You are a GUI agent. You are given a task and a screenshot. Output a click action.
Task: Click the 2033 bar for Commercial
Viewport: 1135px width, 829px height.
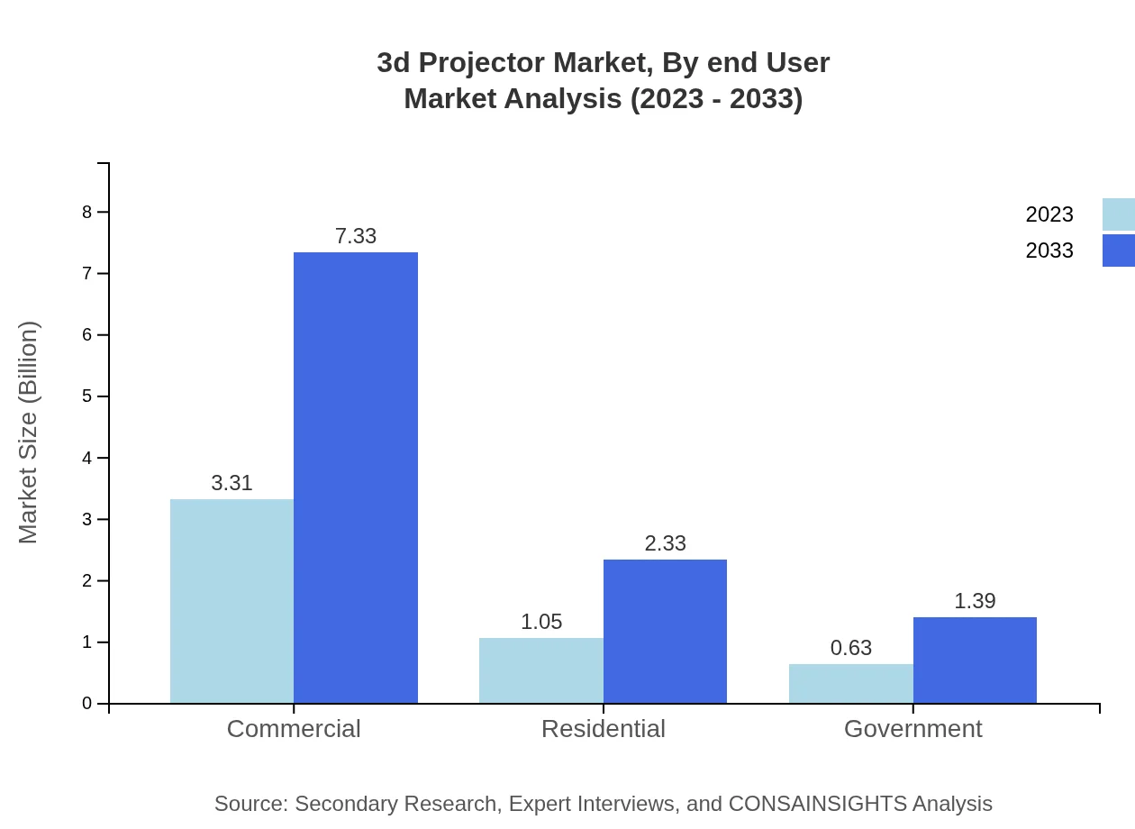(x=356, y=478)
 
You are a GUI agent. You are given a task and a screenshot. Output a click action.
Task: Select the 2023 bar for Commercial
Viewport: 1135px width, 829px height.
(x=232, y=601)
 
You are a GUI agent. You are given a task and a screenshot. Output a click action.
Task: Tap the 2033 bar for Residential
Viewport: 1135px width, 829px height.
(x=665, y=631)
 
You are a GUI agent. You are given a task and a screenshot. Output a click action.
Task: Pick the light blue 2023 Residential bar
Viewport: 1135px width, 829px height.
(x=541, y=670)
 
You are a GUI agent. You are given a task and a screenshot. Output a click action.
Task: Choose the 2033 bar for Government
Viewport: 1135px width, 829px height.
(x=975, y=660)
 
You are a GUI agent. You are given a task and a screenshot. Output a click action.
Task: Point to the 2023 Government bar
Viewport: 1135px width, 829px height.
(x=851, y=684)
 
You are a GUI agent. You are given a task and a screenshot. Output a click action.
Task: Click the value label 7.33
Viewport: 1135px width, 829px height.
(x=356, y=236)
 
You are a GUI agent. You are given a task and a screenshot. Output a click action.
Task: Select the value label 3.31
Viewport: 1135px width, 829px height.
(x=232, y=483)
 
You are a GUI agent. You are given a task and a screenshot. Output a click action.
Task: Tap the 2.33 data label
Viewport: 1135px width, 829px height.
(x=665, y=543)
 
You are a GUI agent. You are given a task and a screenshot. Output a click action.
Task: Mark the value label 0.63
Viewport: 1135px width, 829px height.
(x=851, y=648)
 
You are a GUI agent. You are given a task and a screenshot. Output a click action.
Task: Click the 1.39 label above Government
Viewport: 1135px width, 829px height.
(x=975, y=601)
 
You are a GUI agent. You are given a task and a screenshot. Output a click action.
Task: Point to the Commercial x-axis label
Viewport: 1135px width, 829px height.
(x=294, y=729)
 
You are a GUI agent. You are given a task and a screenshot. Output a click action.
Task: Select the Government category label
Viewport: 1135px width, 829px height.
(x=913, y=729)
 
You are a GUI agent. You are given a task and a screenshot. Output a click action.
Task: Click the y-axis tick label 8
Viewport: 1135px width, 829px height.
(x=87, y=212)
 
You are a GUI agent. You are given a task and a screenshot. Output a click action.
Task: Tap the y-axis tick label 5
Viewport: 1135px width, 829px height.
(x=87, y=396)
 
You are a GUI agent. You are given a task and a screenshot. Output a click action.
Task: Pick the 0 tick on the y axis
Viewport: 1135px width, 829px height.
(x=87, y=704)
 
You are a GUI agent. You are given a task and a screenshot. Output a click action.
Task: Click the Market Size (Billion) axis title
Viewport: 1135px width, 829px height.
(x=29, y=433)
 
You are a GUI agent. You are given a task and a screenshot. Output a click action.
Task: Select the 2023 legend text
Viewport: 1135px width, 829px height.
(x=1049, y=214)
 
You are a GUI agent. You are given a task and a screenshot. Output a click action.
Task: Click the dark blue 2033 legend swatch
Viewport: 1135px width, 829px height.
(x=1118, y=251)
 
